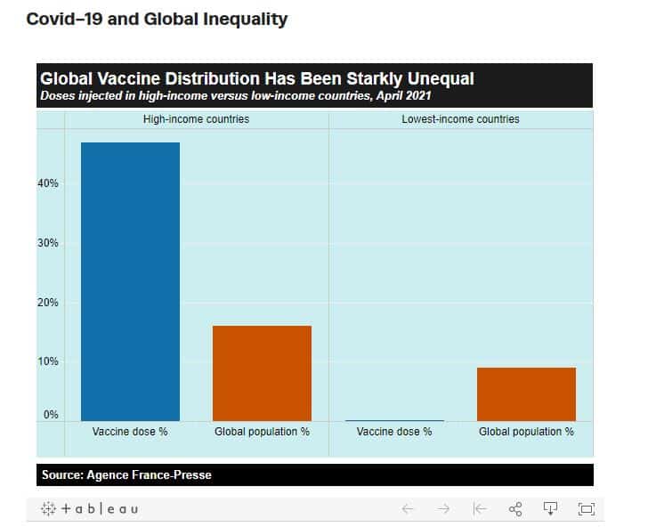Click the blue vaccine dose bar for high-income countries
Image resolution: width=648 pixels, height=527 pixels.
pos(130,281)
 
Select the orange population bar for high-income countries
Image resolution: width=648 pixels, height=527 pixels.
pos(262,373)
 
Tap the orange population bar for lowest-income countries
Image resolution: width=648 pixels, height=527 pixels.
pos(526,393)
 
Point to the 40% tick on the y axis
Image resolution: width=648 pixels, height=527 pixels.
pos(48,183)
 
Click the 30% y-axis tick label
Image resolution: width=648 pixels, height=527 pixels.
pos(48,243)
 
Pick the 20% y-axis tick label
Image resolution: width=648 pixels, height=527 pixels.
pos(48,302)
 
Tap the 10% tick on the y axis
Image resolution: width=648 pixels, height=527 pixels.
pos(48,361)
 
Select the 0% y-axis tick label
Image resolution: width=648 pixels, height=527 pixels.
pos(51,414)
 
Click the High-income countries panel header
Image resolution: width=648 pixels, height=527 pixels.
pos(197,119)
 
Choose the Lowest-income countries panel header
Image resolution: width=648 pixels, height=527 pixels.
pos(460,119)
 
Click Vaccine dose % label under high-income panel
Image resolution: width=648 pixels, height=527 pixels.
pos(130,432)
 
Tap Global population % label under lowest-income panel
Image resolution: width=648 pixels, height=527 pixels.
pos(526,432)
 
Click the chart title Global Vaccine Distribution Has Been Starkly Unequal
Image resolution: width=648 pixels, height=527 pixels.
pos(257,78)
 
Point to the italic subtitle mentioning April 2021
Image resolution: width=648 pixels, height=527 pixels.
pos(236,96)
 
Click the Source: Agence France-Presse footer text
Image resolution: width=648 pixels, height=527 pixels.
pos(126,474)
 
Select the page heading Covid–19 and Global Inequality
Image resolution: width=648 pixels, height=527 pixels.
pos(157,19)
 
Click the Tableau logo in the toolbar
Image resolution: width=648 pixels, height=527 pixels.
pos(90,509)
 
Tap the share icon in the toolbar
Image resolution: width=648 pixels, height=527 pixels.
pos(515,509)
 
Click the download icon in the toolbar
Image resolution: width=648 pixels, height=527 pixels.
pos(550,509)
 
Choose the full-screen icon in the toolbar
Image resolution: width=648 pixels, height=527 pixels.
pos(586,509)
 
